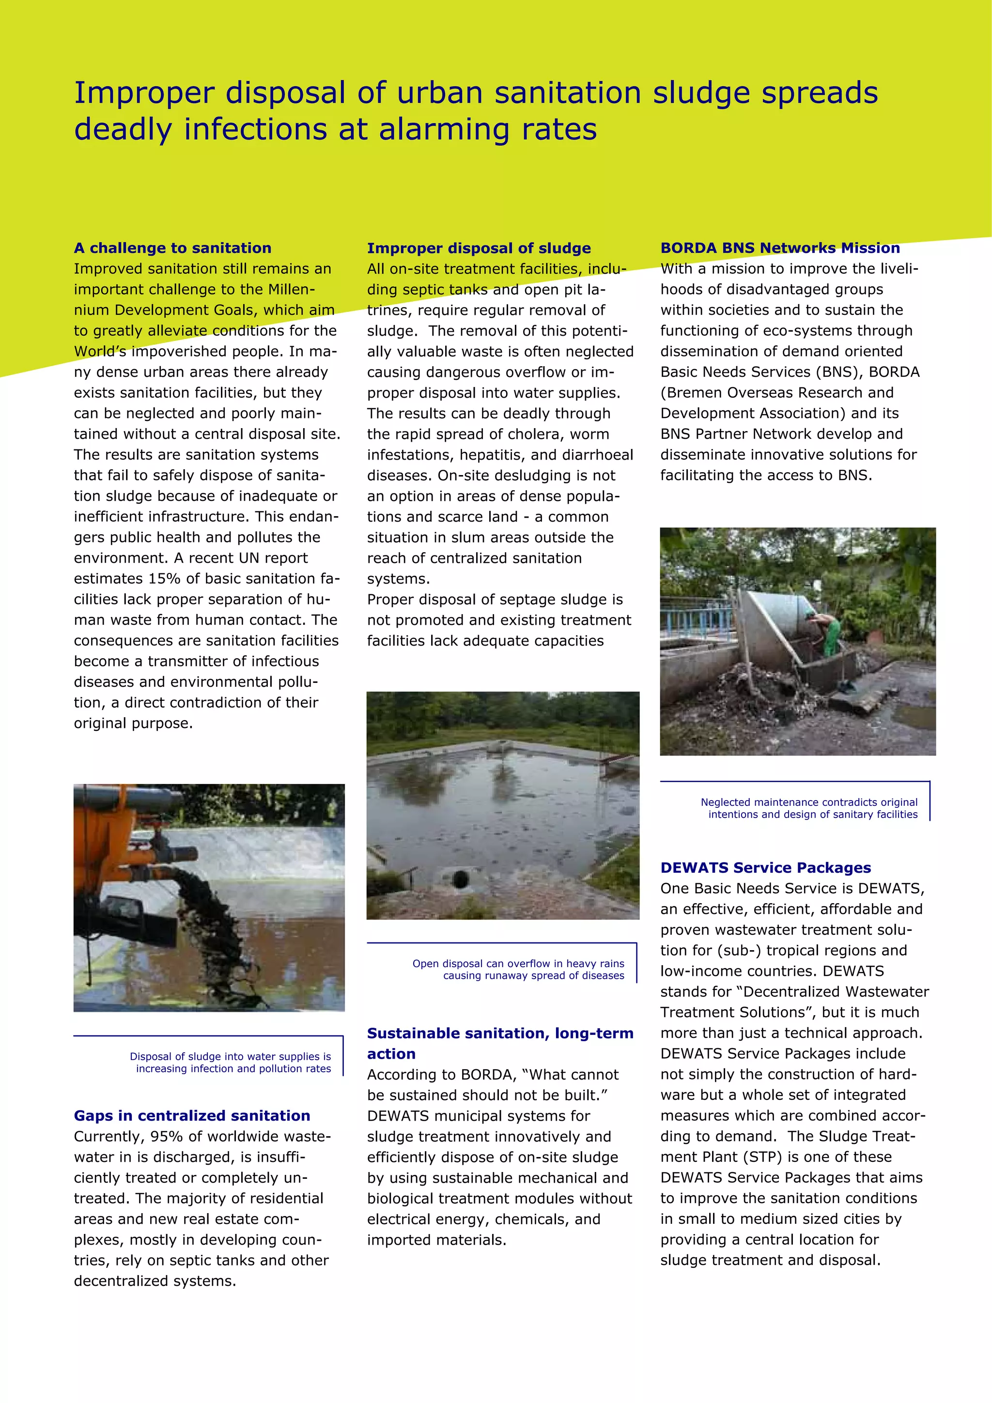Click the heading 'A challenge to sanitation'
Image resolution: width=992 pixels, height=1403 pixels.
point(172,248)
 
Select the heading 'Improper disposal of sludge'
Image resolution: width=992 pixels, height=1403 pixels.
point(479,248)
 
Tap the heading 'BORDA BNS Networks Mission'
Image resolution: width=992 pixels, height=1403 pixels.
point(780,248)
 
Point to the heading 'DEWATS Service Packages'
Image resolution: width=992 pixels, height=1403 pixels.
point(765,868)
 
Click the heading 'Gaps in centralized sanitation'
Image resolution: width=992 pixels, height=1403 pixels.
point(192,1116)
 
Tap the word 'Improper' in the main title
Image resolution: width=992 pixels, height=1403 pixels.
point(144,93)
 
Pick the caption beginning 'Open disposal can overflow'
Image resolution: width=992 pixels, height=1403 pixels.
point(518,970)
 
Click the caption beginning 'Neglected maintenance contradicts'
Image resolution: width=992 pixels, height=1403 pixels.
point(808,808)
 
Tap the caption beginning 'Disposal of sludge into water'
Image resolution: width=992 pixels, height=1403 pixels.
point(231,1063)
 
